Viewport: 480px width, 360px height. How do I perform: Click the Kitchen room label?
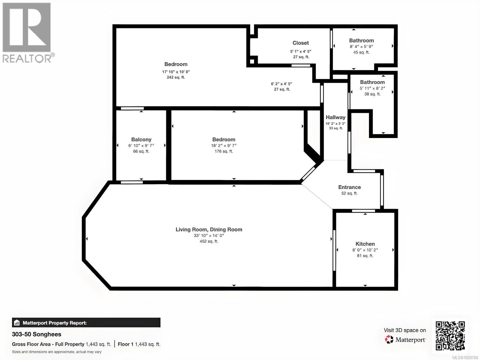(x=365, y=244)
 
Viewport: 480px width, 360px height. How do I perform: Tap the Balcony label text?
(x=141, y=139)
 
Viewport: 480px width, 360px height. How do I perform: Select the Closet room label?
(x=301, y=43)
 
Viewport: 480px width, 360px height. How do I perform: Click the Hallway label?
(x=335, y=117)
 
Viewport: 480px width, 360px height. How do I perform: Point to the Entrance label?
(x=349, y=187)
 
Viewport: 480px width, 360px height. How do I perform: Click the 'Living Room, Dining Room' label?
(x=209, y=229)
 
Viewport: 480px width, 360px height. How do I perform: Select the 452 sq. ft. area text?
(x=209, y=241)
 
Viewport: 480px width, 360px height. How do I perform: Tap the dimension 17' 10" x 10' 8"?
(x=176, y=72)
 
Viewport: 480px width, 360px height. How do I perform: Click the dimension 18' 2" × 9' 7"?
(x=224, y=145)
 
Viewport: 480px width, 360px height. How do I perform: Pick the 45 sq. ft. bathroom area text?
(x=361, y=52)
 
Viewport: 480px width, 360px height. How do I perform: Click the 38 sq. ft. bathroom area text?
(x=372, y=94)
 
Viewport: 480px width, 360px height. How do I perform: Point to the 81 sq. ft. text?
(x=365, y=256)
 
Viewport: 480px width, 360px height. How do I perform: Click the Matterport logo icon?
(x=389, y=340)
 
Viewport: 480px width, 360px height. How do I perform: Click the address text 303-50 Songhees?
(x=37, y=334)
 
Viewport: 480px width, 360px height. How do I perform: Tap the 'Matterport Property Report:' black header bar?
(x=86, y=323)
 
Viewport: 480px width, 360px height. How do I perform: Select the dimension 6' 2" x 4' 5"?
(x=281, y=84)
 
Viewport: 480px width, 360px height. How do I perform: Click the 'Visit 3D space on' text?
(x=405, y=330)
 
